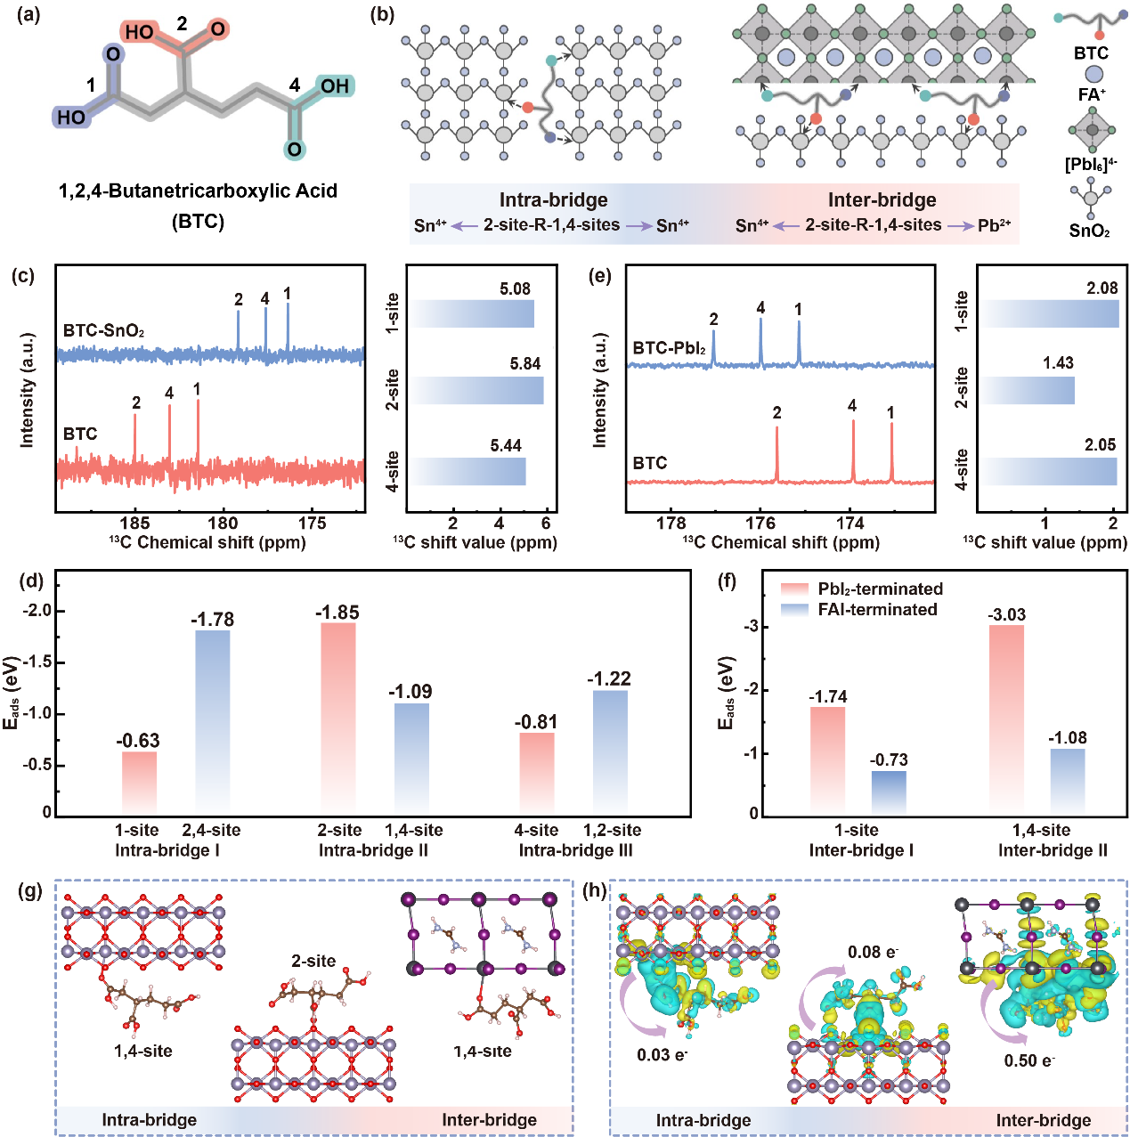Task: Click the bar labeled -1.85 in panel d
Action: pos(338,719)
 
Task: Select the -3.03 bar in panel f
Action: pos(1006,719)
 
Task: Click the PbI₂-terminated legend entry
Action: pos(862,589)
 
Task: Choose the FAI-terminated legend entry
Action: pos(859,609)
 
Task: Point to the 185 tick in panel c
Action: pos(135,524)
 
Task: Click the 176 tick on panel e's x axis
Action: pos(760,524)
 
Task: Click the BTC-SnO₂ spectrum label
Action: pos(104,331)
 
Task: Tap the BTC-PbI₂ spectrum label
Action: pos(670,348)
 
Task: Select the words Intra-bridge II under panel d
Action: pos(373,850)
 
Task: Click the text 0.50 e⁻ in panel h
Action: pos(1029,1060)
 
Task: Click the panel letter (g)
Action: pos(29,890)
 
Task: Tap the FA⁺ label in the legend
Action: pos(1092,93)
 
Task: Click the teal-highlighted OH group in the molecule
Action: pos(335,86)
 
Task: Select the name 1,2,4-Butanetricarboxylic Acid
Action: pos(199,191)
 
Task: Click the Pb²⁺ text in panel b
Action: pos(995,225)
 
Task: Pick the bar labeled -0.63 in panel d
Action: pos(139,784)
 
